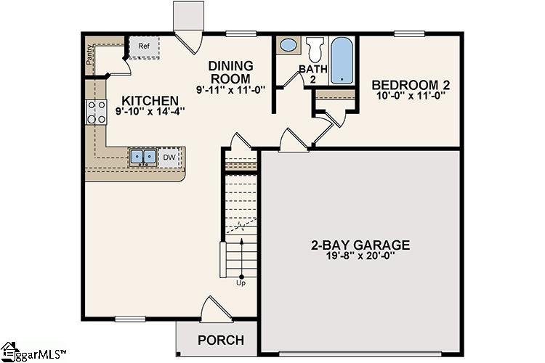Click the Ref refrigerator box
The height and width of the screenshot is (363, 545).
tap(144, 47)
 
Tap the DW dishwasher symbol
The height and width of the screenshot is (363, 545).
tap(169, 157)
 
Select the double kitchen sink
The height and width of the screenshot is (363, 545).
tap(143, 157)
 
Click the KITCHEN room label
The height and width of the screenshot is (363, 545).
tap(150, 100)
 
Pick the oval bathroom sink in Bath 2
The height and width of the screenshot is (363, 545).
tap(288, 46)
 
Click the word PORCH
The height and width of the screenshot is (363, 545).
tap(221, 340)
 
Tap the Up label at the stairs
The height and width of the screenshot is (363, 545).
tap(241, 283)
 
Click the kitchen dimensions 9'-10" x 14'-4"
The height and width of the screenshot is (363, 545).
tap(150, 112)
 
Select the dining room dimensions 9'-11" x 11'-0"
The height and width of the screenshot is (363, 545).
tap(230, 89)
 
